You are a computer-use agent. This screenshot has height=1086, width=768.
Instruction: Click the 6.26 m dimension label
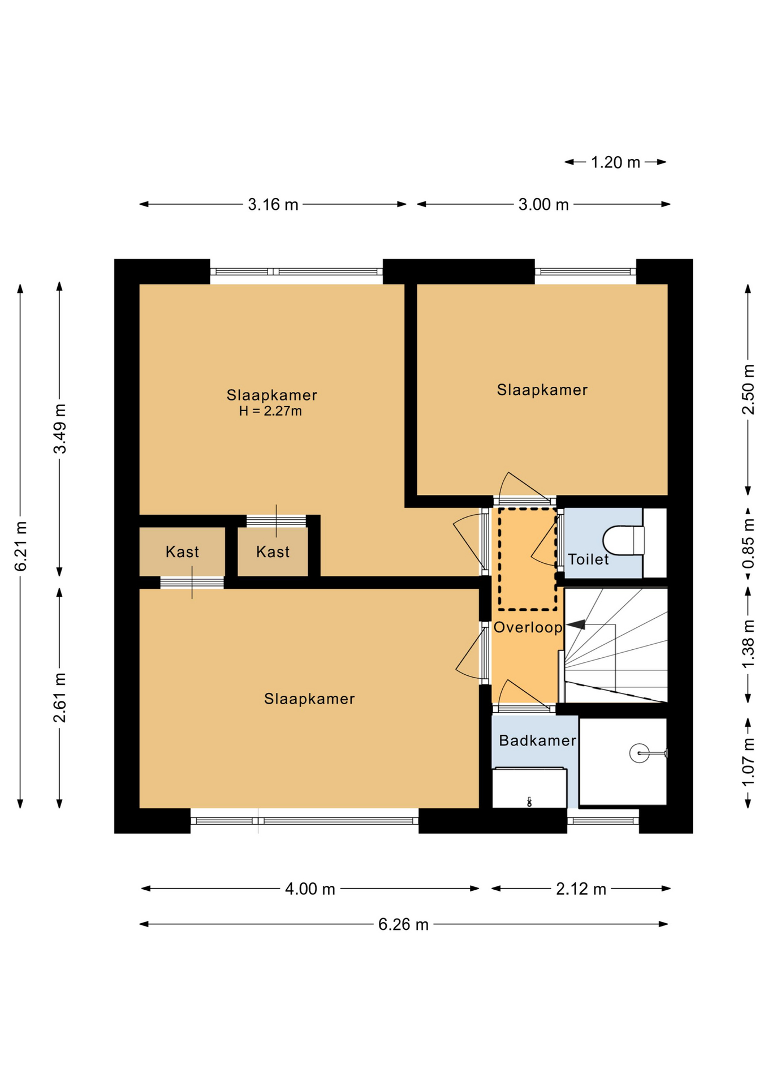[403, 924]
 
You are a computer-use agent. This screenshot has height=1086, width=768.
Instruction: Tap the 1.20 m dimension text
[615, 162]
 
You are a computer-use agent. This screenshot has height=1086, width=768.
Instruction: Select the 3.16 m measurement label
[273, 204]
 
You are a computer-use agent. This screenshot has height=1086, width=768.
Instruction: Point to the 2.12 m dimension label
[581, 889]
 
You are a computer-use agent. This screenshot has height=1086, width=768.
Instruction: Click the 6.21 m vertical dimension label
[20, 546]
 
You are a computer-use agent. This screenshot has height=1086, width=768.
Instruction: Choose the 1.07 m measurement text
[748, 762]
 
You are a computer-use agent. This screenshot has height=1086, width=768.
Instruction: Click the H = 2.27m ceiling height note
[270, 411]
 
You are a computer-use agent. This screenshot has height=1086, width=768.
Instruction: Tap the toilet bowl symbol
[623, 541]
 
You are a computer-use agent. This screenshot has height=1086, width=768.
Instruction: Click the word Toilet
[588, 559]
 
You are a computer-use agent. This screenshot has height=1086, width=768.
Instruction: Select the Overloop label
[528, 627]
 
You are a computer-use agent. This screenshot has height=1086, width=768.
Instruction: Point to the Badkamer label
[537, 740]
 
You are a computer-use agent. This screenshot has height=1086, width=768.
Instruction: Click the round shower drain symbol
[639, 753]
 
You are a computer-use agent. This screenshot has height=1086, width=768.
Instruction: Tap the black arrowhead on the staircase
[576, 624]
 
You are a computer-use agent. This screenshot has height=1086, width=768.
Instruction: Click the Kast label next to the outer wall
[182, 551]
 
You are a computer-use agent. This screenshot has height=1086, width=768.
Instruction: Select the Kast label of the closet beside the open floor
[273, 551]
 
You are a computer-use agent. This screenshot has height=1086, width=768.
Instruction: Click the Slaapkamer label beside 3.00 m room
[542, 390]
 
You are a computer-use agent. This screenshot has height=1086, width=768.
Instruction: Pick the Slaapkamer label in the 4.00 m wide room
[309, 699]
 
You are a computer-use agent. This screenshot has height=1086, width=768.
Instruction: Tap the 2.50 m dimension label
[748, 390]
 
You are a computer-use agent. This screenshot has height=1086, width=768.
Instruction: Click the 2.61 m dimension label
[59, 698]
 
